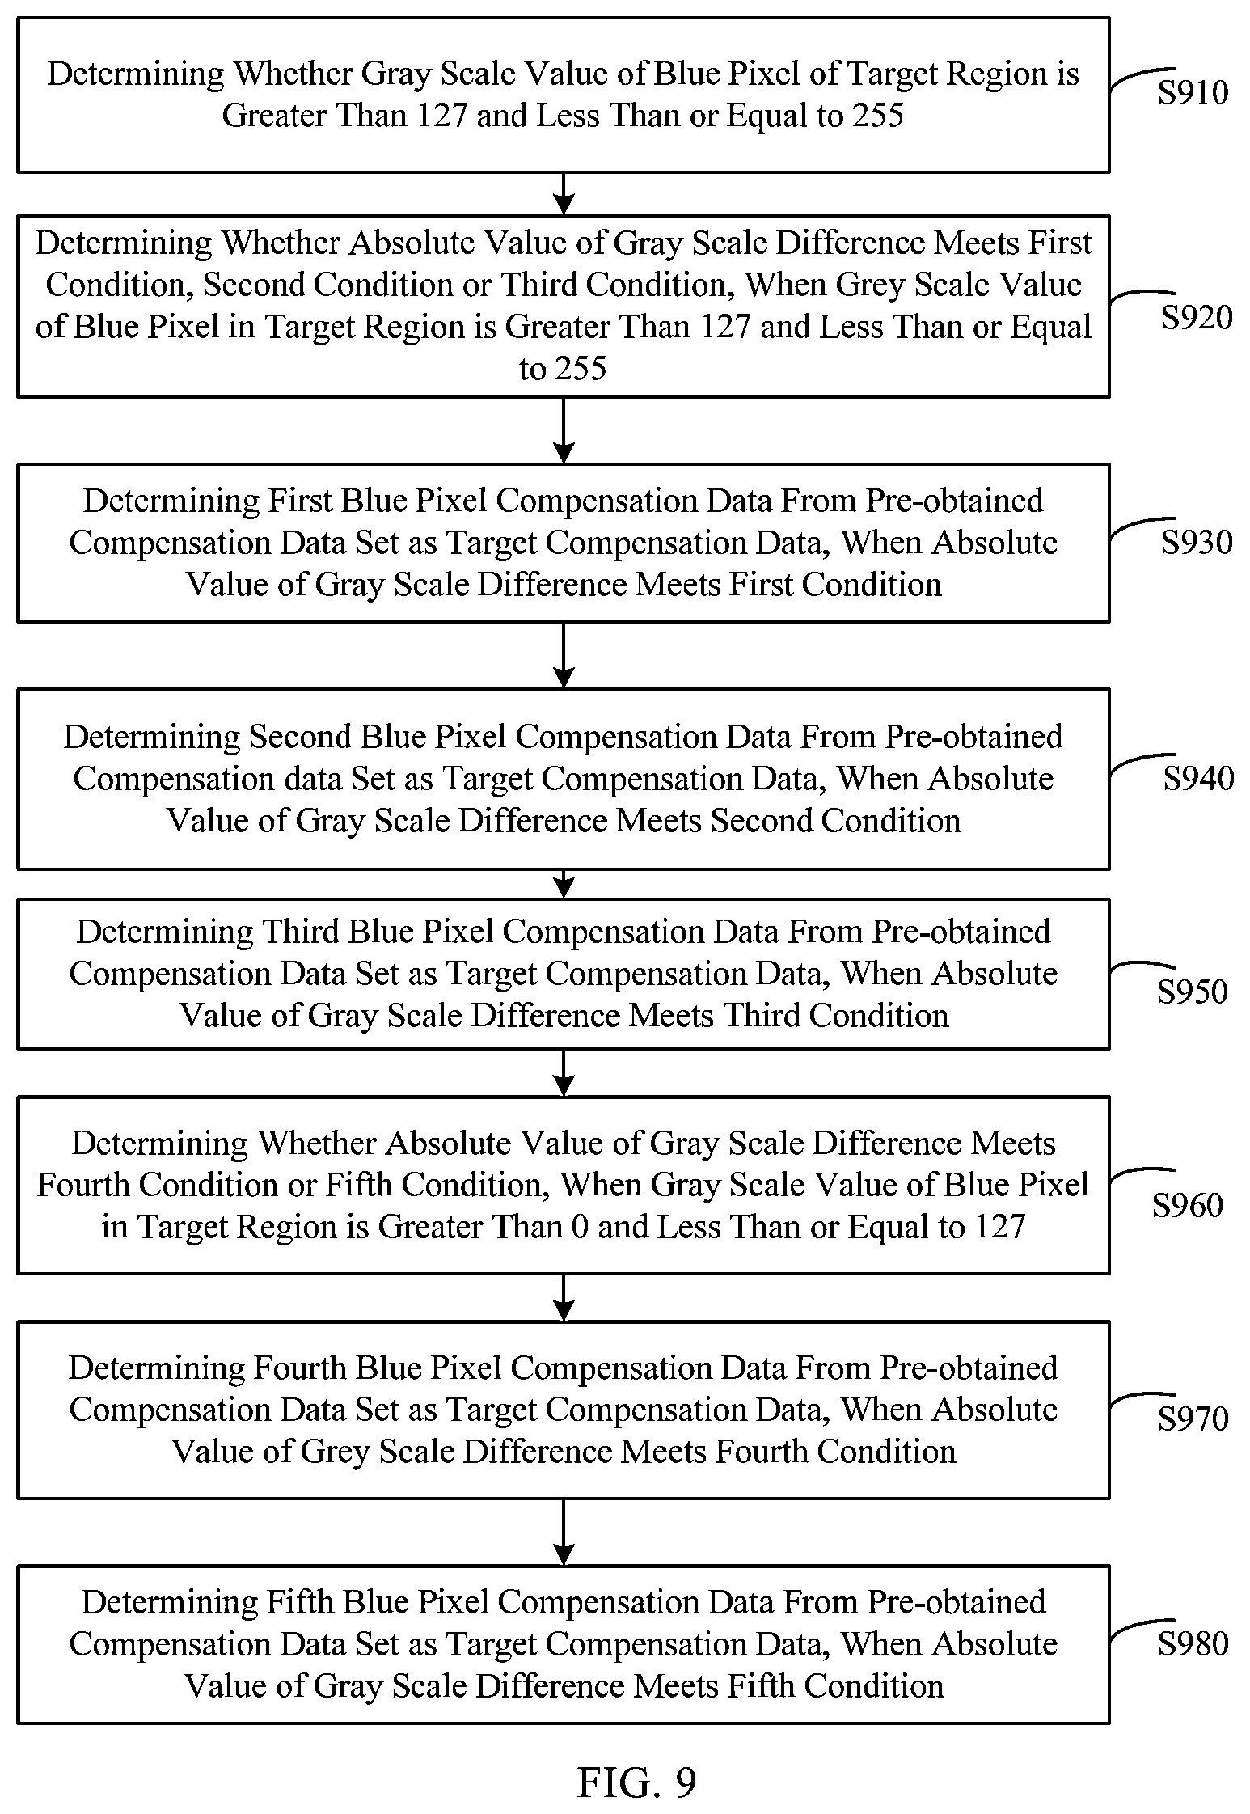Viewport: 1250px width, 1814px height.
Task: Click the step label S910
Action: (x=1193, y=92)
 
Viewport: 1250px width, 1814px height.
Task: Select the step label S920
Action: (x=1197, y=317)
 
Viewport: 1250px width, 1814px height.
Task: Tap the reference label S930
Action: (x=1197, y=542)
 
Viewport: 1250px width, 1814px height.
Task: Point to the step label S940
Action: (x=1198, y=778)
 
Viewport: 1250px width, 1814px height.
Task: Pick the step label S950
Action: (x=1192, y=992)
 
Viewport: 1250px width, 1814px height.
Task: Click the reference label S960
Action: (x=1187, y=1205)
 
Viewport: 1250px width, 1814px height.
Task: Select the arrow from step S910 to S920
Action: (x=564, y=194)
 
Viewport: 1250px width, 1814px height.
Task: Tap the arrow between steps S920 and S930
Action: (x=564, y=430)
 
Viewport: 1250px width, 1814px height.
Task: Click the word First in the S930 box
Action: (x=299, y=501)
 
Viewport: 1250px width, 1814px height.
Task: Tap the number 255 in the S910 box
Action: (x=877, y=116)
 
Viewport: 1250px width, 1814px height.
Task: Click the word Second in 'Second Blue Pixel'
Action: (x=300, y=737)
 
